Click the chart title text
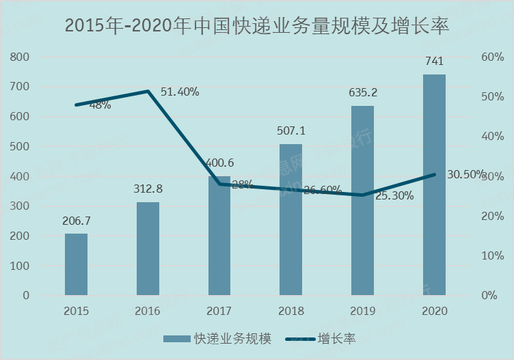tap(257, 26)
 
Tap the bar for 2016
tap(148, 249)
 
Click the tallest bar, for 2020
tap(434, 184)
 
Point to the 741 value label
tap(434, 61)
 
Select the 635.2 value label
tap(362, 92)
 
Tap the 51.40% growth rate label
tap(180, 92)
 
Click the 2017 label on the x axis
tap(219, 311)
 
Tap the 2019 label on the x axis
tap(362, 311)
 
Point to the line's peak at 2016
tap(148, 91)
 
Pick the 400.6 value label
tap(219, 163)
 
